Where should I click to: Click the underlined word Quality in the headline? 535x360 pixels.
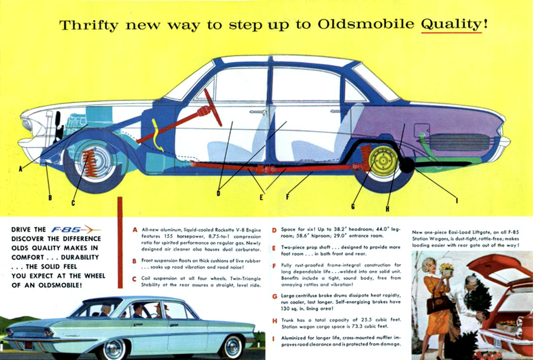click(451, 24)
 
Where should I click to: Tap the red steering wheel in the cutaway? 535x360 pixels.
click(213, 107)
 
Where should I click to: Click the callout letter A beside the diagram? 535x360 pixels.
click(21, 169)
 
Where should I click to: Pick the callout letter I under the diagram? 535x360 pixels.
click(457, 201)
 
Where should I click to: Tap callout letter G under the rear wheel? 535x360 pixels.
click(353, 206)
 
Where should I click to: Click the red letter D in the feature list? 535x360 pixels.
click(274, 231)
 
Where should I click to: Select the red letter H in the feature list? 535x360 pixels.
click(274, 321)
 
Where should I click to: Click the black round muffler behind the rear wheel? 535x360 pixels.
click(407, 165)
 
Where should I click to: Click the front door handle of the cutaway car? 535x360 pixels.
click(258, 112)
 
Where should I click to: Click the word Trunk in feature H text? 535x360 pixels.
click(287, 320)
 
